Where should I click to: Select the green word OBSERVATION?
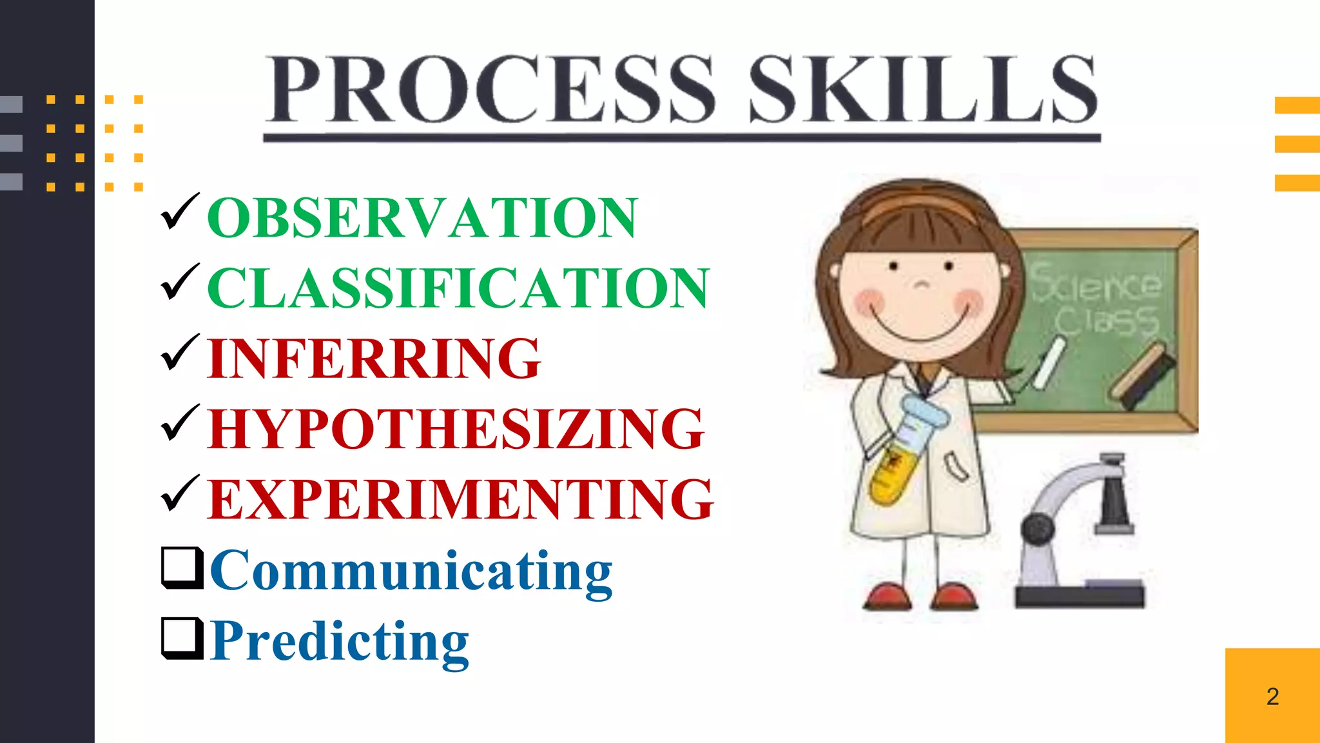pyautogui.click(x=422, y=218)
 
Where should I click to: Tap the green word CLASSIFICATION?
pyautogui.click(x=458, y=288)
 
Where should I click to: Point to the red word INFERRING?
pyautogui.click(x=374, y=359)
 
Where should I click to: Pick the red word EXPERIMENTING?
pyautogui.click(x=460, y=499)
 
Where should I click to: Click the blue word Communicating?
pyautogui.click(x=411, y=571)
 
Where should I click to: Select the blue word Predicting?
pyautogui.click(x=340, y=642)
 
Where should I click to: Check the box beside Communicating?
pyautogui.click(x=182, y=568)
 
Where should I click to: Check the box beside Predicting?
pyautogui.click(x=182, y=638)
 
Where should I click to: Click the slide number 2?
pyautogui.click(x=1272, y=697)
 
